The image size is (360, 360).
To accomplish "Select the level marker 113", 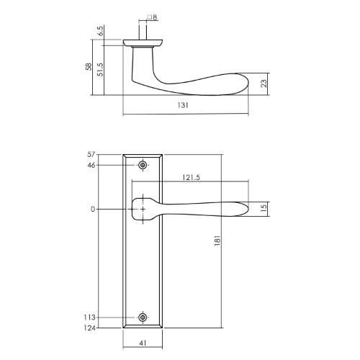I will coord(89,318).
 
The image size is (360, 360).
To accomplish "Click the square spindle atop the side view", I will coord(145,33).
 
